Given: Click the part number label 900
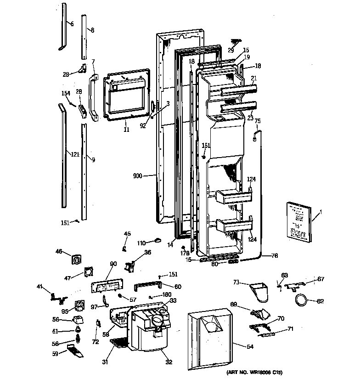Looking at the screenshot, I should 137,175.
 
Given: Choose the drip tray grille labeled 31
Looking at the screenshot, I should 119,343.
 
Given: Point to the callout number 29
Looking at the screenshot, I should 231,50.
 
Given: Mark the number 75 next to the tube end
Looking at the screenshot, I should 258,121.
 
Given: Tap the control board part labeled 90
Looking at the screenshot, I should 106,287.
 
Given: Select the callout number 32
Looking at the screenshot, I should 169,362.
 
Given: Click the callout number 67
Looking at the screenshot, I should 321,279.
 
